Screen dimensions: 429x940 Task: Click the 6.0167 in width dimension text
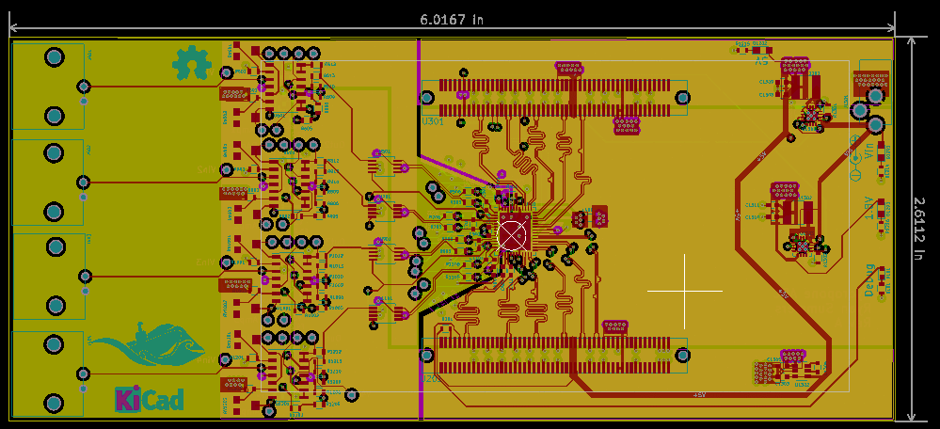tap(453, 18)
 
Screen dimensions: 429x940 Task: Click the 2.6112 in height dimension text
tap(927, 229)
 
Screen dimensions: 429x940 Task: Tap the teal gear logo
tap(192, 63)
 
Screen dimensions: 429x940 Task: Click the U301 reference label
tap(433, 121)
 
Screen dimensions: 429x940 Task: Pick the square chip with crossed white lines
tap(514, 231)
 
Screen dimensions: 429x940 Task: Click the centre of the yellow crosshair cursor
tap(685, 291)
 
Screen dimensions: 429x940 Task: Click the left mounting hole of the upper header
tap(427, 97)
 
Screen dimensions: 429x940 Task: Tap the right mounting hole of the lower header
tap(682, 355)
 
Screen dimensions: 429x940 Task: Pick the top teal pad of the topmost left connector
tap(55, 58)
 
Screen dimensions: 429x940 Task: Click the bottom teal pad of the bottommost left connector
tap(55, 405)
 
